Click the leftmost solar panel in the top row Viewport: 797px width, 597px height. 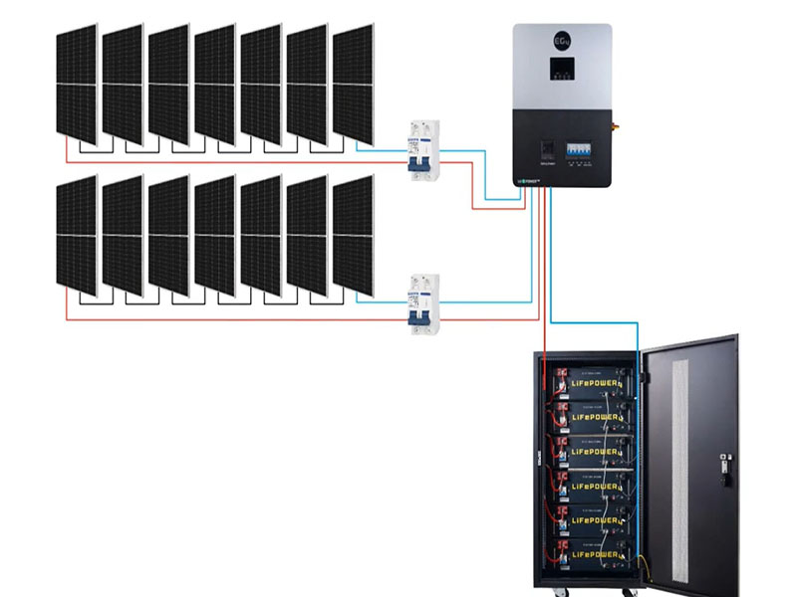(x=77, y=85)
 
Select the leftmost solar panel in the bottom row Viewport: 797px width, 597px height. (x=77, y=236)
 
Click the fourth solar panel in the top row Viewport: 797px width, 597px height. (x=215, y=85)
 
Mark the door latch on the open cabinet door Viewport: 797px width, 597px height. (x=724, y=462)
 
